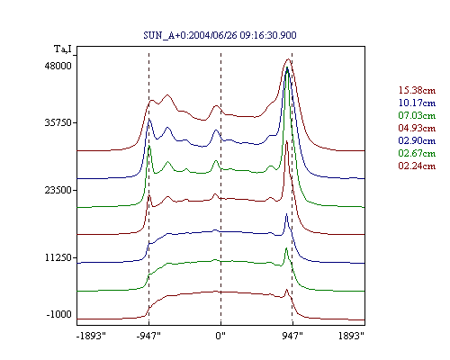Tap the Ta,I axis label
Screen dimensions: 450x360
pos(63,49)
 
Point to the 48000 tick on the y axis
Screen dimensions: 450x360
pos(58,66)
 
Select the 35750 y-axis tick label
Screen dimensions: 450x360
pos(58,122)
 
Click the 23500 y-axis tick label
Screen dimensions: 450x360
pos(58,190)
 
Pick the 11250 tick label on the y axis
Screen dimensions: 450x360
pos(58,257)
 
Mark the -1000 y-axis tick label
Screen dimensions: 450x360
pos(59,314)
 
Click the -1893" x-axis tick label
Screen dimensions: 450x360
pos(92,336)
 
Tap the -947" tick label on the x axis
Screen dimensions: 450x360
pos(148,336)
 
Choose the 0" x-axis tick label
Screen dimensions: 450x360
pos(220,336)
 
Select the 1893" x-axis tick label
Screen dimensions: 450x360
pos(351,336)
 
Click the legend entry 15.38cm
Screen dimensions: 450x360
pos(417,90)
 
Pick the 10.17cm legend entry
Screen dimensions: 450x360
pos(417,103)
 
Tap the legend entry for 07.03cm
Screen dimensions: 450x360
pos(417,115)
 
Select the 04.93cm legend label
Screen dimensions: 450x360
pos(417,128)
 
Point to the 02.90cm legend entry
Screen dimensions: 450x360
pos(417,140)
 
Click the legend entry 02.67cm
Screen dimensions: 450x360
pos(417,153)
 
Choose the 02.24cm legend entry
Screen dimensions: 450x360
pos(417,166)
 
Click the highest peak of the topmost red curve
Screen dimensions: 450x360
pos(288,59)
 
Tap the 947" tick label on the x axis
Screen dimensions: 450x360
pos(292,336)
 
